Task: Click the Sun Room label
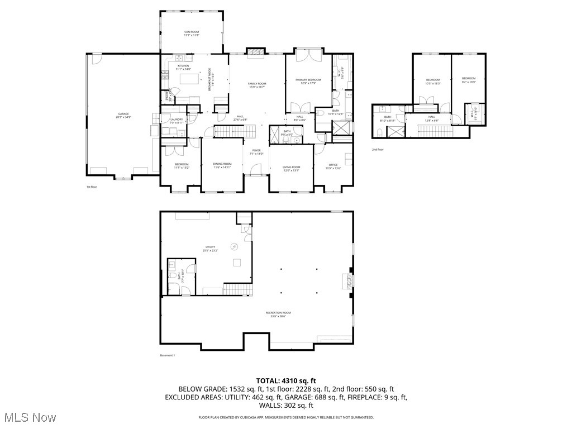(x=192, y=34)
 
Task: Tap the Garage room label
(x=123, y=115)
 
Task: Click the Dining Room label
(x=222, y=165)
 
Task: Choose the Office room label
(x=333, y=166)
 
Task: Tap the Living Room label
(x=291, y=168)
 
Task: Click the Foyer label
(x=256, y=151)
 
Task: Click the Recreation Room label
(x=278, y=314)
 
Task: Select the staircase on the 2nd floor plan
(x=430, y=131)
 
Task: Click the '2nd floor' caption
(x=378, y=150)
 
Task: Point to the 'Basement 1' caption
(x=168, y=355)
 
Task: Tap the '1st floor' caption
(x=92, y=187)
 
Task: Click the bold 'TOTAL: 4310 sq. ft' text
(x=285, y=380)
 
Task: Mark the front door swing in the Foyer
(x=254, y=169)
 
